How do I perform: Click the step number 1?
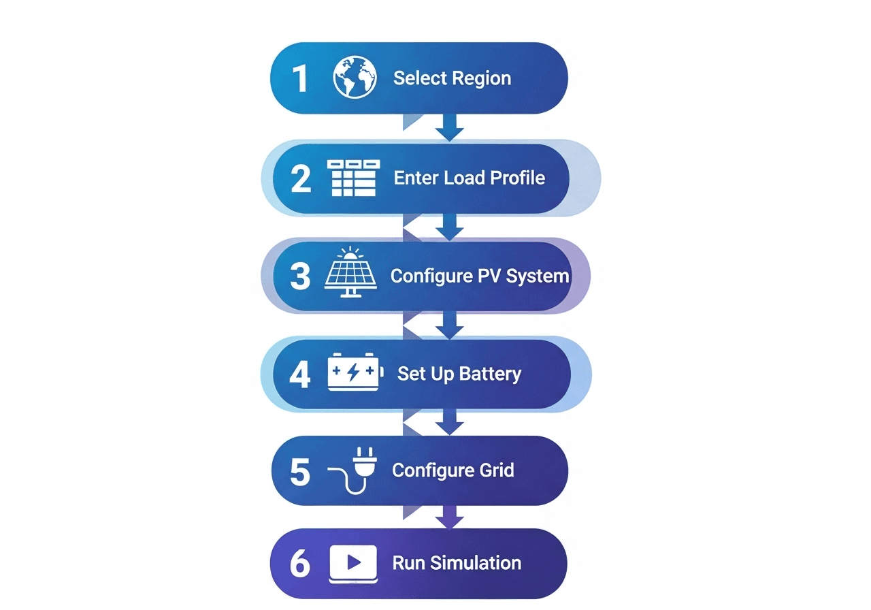click(299, 78)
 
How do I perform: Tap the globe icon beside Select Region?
click(355, 78)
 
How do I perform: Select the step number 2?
click(300, 178)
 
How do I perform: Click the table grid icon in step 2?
click(353, 178)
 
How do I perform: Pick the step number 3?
click(300, 277)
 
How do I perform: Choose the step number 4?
click(300, 374)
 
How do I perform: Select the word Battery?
click(490, 374)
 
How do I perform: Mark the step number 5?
click(300, 471)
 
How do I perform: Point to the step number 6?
click(300, 564)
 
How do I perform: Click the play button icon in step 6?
click(353, 563)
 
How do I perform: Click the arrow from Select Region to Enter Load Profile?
click(449, 127)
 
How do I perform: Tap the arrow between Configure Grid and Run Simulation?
click(449, 517)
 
